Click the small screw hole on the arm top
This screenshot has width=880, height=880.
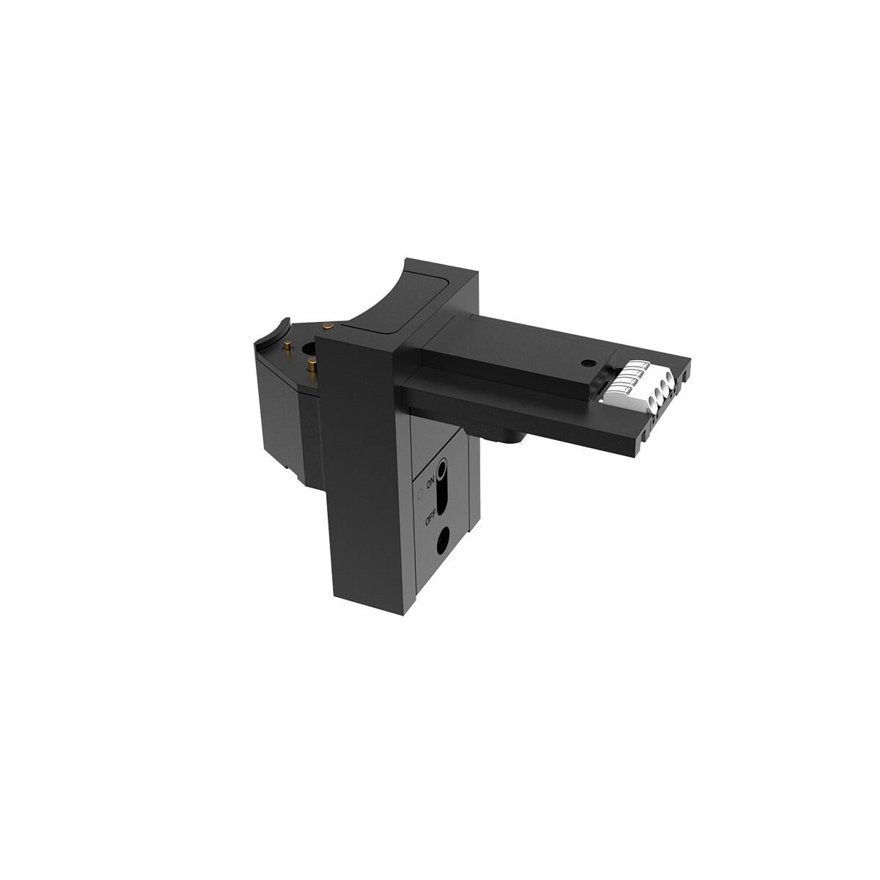click(587, 363)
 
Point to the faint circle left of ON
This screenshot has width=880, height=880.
click(420, 494)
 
